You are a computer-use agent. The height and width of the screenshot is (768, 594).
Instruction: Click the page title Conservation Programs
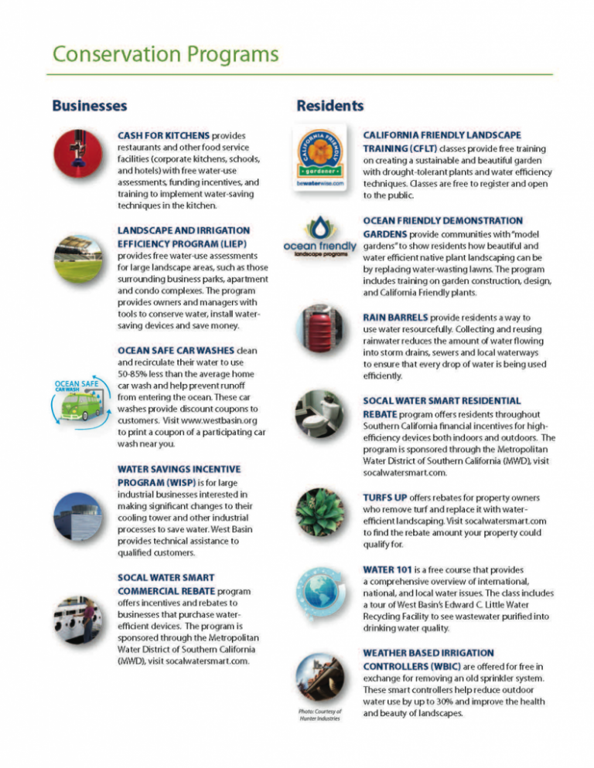pyautogui.click(x=162, y=55)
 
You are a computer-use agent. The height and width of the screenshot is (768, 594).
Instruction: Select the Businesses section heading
pyautogui.click(x=89, y=104)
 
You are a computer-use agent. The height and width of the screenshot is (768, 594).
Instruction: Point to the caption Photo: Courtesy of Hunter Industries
pyautogui.click(x=320, y=714)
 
